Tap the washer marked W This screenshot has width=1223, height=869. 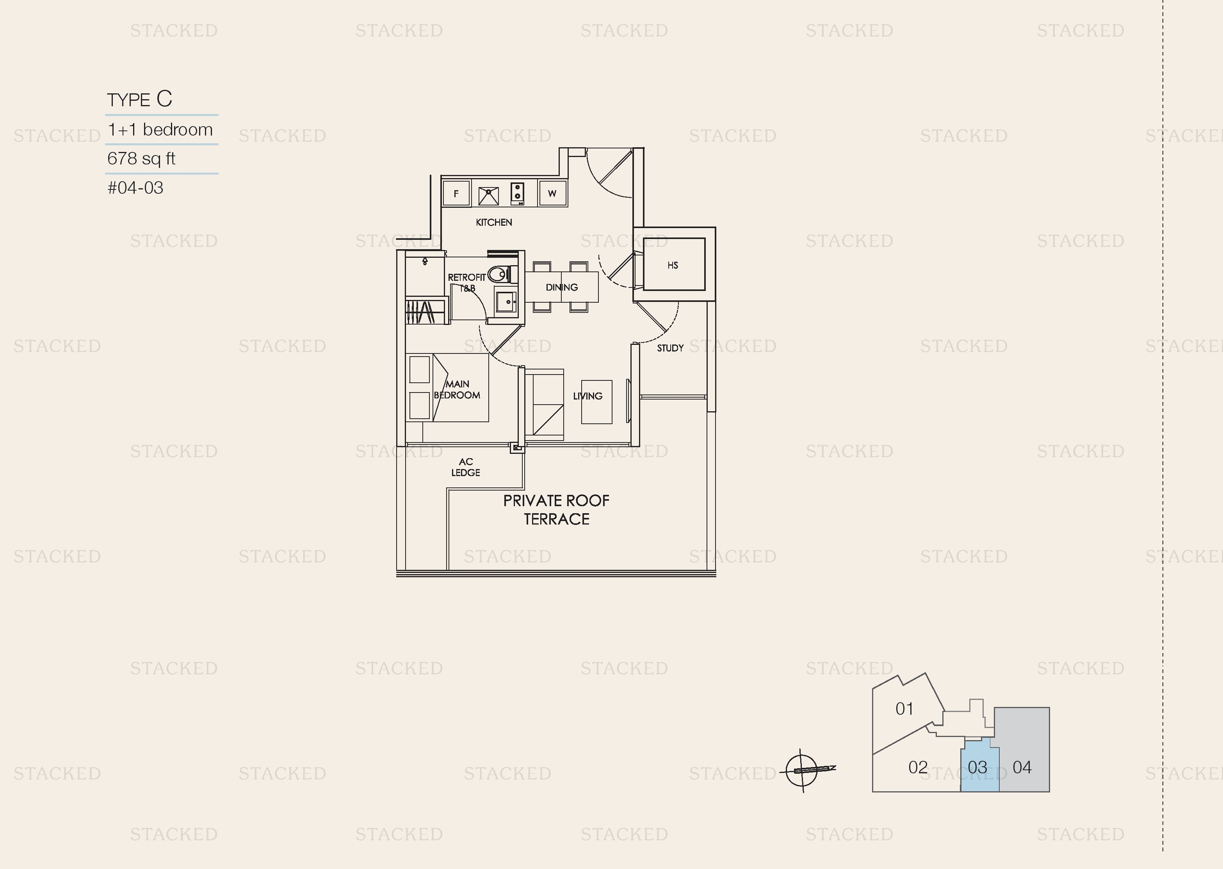point(552,193)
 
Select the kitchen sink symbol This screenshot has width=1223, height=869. point(488,196)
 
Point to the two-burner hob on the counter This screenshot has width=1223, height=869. point(517,193)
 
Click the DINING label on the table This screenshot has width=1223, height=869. point(561,287)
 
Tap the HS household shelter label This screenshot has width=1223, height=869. point(673,265)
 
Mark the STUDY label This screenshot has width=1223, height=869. point(671,348)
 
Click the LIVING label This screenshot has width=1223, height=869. point(588,396)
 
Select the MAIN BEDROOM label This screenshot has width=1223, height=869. point(457,389)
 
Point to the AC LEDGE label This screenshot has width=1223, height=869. point(466,467)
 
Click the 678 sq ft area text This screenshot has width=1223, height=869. point(141,159)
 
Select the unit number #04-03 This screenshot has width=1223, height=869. point(135,188)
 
